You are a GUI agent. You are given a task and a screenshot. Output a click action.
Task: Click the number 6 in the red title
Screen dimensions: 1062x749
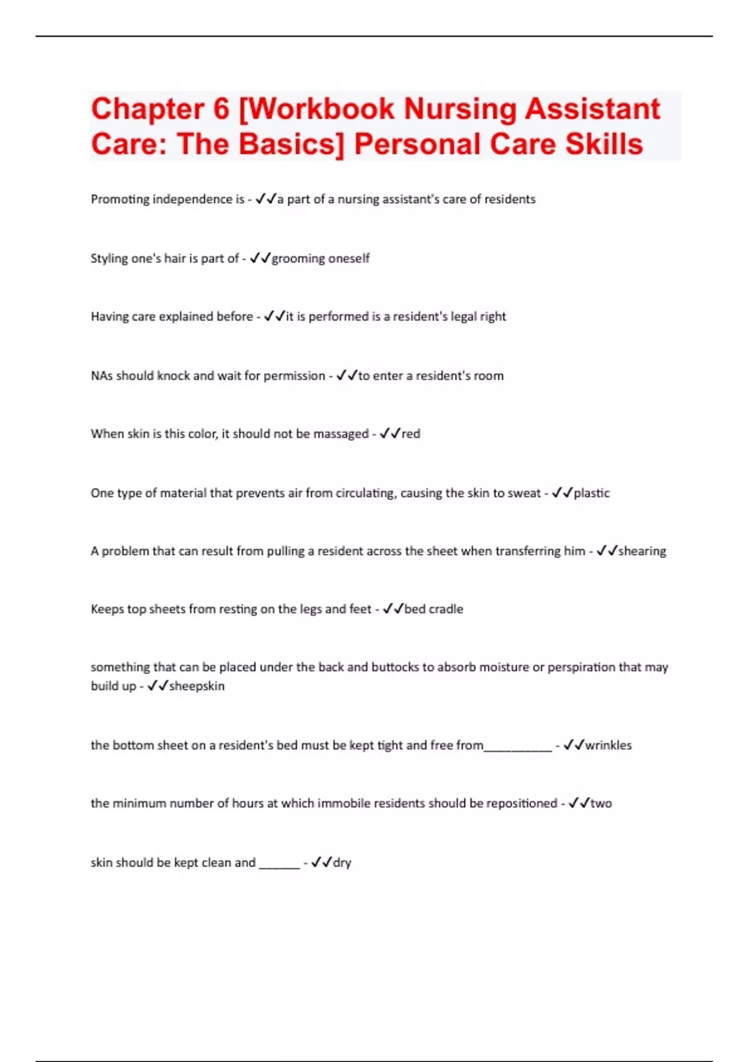pos(222,109)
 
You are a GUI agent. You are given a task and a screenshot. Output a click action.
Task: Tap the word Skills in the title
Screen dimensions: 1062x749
pos(604,144)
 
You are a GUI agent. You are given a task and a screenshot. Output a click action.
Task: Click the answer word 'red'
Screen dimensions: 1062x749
pos(411,434)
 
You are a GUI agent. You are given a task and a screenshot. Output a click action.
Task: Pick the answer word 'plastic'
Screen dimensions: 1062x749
pos(592,494)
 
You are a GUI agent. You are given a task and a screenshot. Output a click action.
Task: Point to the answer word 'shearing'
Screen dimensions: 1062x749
pos(642,552)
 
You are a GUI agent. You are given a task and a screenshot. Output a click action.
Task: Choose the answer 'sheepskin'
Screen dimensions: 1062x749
pos(197,686)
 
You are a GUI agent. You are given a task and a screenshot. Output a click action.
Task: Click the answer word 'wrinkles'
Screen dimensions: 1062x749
pos(608,745)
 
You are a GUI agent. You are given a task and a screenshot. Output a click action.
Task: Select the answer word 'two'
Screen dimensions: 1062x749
pos(601,803)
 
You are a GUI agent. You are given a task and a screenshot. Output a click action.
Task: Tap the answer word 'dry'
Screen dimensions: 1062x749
pos(342,863)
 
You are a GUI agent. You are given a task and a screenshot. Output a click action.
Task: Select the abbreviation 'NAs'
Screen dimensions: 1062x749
pos(102,376)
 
